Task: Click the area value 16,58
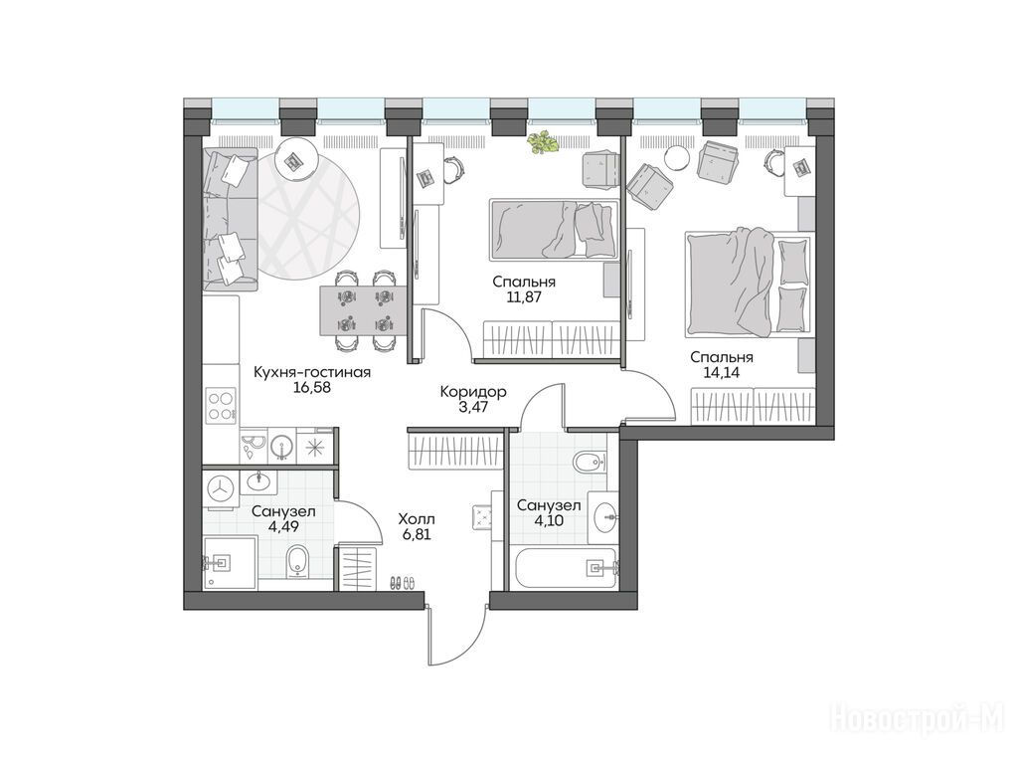[x=311, y=388]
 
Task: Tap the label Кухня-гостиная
[x=311, y=372]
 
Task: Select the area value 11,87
[x=523, y=297]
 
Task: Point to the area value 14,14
[x=722, y=373]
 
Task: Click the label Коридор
[x=472, y=392]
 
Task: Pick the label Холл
[x=417, y=519]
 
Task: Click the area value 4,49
[x=283, y=527]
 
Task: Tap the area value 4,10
[x=549, y=520]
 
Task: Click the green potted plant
[x=544, y=142]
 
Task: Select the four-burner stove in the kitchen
[x=221, y=406]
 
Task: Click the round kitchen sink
[x=281, y=446]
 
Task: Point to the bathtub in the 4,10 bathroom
[x=565, y=568]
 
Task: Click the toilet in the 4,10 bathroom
[x=589, y=462]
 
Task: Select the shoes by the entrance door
[x=402, y=582]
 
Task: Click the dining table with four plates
[x=364, y=310]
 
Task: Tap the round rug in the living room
[x=307, y=220]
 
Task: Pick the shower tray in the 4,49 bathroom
[x=230, y=563]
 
